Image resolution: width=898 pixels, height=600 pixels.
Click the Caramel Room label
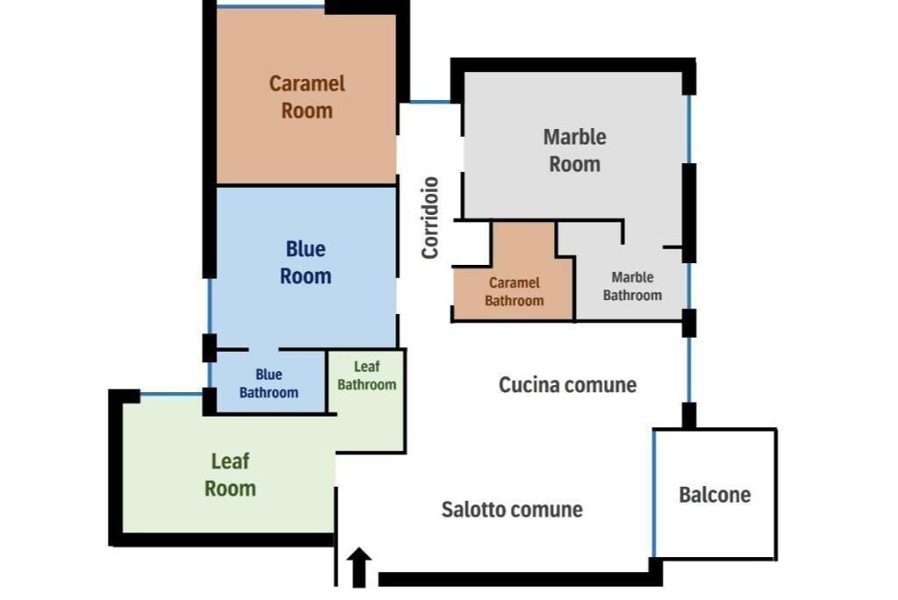pyautogui.click(x=307, y=96)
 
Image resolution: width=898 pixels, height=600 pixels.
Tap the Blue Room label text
pyautogui.click(x=306, y=262)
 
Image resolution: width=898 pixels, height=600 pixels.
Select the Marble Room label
pyautogui.click(x=574, y=150)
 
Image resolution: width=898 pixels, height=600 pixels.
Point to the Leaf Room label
pyautogui.click(x=231, y=475)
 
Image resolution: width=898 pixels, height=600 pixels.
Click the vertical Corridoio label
pyautogui.click(x=430, y=218)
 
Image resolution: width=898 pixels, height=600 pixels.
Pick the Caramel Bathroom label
pyautogui.click(x=514, y=292)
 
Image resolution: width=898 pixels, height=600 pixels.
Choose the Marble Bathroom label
pyautogui.click(x=632, y=286)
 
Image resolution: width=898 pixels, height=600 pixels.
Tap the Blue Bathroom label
pyautogui.click(x=268, y=383)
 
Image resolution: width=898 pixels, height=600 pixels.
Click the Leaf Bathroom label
pyautogui.click(x=367, y=375)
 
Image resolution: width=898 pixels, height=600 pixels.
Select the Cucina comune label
pyautogui.click(x=567, y=384)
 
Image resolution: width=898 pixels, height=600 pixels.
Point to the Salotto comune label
pyautogui.click(x=512, y=509)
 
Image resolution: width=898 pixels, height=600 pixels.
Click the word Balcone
pyautogui.click(x=715, y=495)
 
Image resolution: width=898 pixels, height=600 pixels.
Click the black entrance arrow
pyautogui.click(x=359, y=568)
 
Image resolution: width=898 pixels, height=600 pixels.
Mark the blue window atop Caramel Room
pyautogui.click(x=271, y=6)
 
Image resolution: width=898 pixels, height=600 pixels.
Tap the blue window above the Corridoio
pyautogui.click(x=430, y=102)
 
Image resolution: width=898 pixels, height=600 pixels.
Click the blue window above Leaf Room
pyautogui.click(x=171, y=394)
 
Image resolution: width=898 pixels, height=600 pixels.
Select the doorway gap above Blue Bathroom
pyautogui.click(x=263, y=349)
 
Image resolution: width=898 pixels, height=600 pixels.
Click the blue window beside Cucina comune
pyautogui.click(x=689, y=369)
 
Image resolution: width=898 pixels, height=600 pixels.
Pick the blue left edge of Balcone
pyautogui.click(x=654, y=493)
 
